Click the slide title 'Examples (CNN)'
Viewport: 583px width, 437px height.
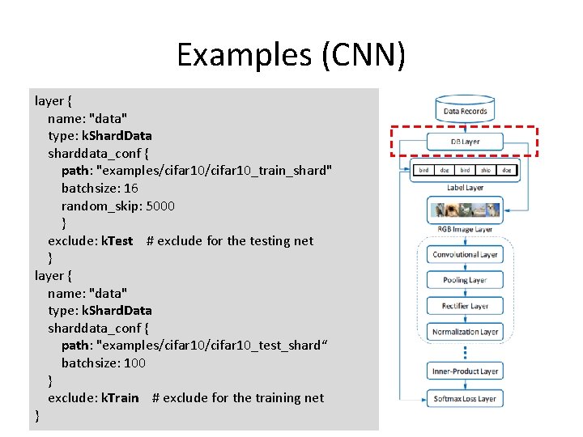point(291,54)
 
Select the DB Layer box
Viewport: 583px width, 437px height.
point(465,142)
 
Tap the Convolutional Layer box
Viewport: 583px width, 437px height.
point(465,254)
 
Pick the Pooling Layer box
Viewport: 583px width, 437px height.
point(465,280)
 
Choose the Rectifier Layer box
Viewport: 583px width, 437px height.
point(465,306)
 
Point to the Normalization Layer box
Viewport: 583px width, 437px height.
point(465,332)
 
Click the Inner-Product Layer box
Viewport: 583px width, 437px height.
point(465,371)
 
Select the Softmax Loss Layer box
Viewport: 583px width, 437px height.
point(465,398)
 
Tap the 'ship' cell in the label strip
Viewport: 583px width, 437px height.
point(485,171)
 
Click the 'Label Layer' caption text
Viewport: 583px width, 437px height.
point(465,188)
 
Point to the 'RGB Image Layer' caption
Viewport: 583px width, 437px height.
point(465,229)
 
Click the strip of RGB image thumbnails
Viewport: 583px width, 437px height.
point(465,210)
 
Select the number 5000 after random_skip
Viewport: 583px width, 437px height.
point(160,206)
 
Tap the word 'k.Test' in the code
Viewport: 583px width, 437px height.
point(117,240)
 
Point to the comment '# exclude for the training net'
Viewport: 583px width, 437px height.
point(238,397)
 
